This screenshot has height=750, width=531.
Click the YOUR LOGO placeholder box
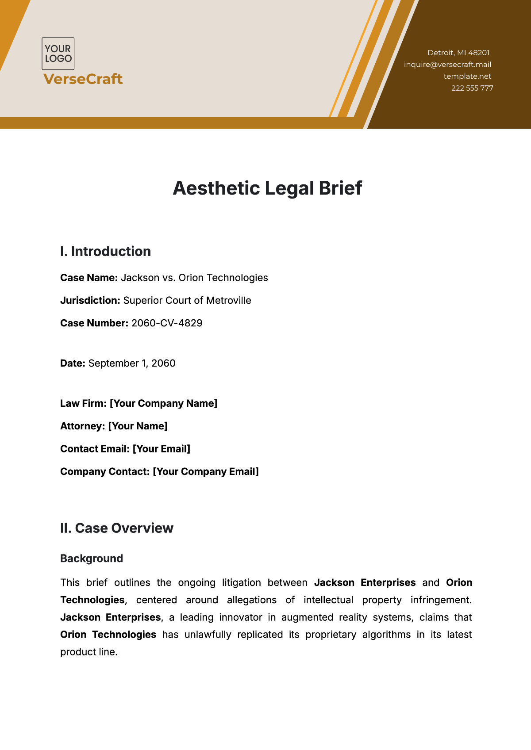(x=58, y=54)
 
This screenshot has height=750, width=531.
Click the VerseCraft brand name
(x=83, y=79)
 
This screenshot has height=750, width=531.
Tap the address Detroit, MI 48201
(x=458, y=53)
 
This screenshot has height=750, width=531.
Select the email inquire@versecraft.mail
(x=447, y=65)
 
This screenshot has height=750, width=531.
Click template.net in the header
(x=467, y=77)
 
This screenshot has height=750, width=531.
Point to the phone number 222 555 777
(x=472, y=88)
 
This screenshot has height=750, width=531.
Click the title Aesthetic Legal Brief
(x=267, y=188)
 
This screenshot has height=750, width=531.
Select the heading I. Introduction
(x=105, y=252)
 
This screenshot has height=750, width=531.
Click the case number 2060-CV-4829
(x=167, y=323)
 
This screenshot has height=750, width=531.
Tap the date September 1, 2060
(x=132, y=364)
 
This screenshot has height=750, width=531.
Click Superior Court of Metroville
(x=187, y=301)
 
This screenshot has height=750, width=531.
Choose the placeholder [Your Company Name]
(x=163, y=404)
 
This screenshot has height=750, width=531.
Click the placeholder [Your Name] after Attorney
(x=138, y=426)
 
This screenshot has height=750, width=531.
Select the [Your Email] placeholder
(x=162, y=449)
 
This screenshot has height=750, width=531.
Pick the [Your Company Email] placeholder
(x=206, y=472)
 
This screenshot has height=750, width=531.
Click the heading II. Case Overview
(x=117, y=528)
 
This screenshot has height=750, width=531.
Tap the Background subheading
(x=92, y=559)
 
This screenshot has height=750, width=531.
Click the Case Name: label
(x=89, y=278)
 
